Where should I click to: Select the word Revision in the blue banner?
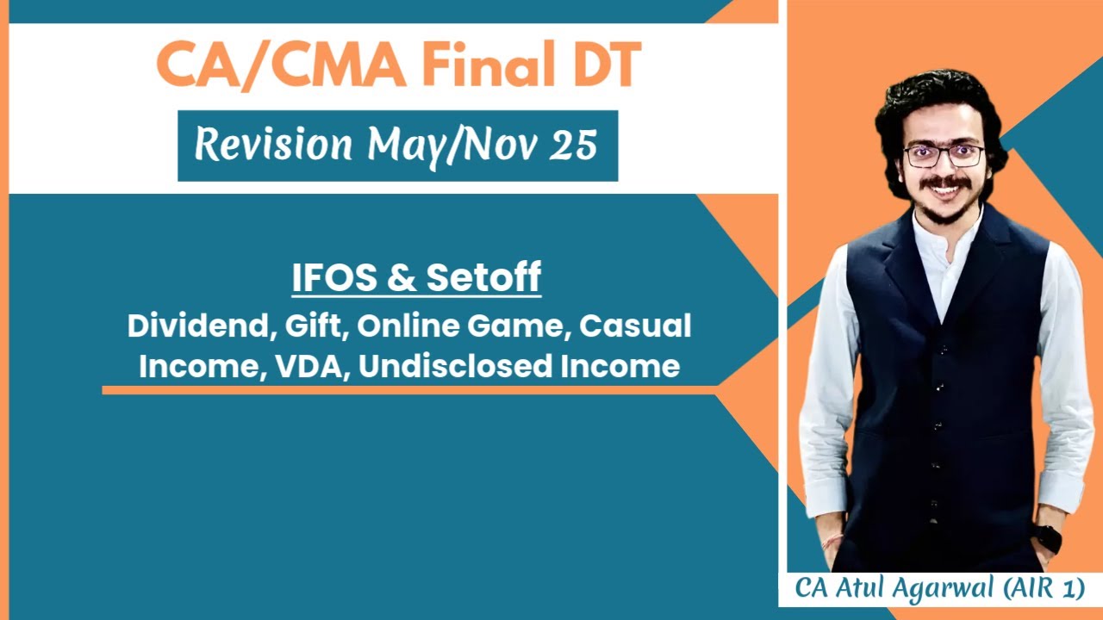click(273, 145)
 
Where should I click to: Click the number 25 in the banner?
click(572, 145)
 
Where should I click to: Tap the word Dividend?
click(195, 326)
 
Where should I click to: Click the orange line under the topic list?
click(409, 390)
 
